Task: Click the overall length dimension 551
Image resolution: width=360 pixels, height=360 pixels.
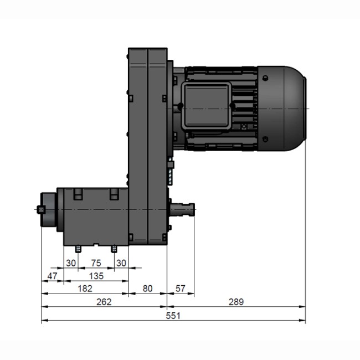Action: coord(174,315)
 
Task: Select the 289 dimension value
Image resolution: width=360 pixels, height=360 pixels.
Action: coord(236,302)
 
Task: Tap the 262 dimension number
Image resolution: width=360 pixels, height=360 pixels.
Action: coord(104,302)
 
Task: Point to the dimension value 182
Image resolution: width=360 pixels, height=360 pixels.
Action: coord(85,289)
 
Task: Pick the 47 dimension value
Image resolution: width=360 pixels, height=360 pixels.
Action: coord(52,275)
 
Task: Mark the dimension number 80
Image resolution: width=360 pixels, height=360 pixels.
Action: coord(148,289)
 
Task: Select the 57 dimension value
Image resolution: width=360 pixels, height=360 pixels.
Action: coord(181,289)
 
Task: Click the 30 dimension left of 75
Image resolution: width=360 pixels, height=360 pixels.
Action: coord(70,262)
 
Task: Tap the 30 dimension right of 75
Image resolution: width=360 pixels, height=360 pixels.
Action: coord(121,262)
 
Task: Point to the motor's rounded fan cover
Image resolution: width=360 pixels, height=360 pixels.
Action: coord(282,108)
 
